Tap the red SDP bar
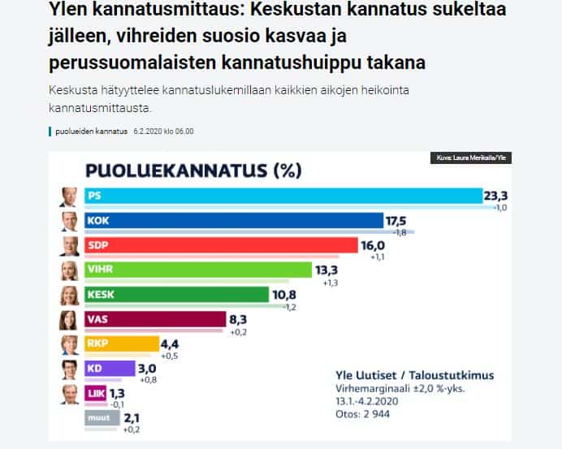click(220, 245)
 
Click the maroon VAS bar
click(153, 319)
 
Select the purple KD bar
click(109, 369)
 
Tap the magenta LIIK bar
click(95, 393)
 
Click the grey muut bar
click(101, 418)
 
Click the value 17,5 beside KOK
click(396, 220)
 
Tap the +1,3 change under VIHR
click(331, 283)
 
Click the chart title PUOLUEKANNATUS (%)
click(193, 171)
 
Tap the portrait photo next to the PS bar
click(69, 196)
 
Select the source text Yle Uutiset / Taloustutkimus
click(414, 376)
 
